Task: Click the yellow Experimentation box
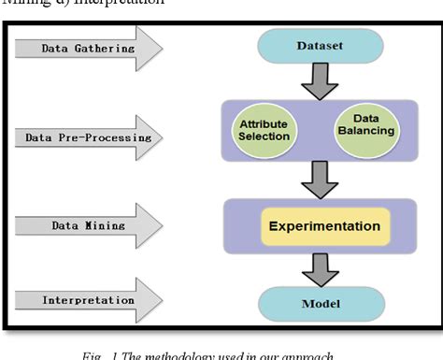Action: tap(324, 226)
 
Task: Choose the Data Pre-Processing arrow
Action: tap(89, 137)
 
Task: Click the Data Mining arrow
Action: tap(89, 226)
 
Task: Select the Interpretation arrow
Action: tap(89, 300)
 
